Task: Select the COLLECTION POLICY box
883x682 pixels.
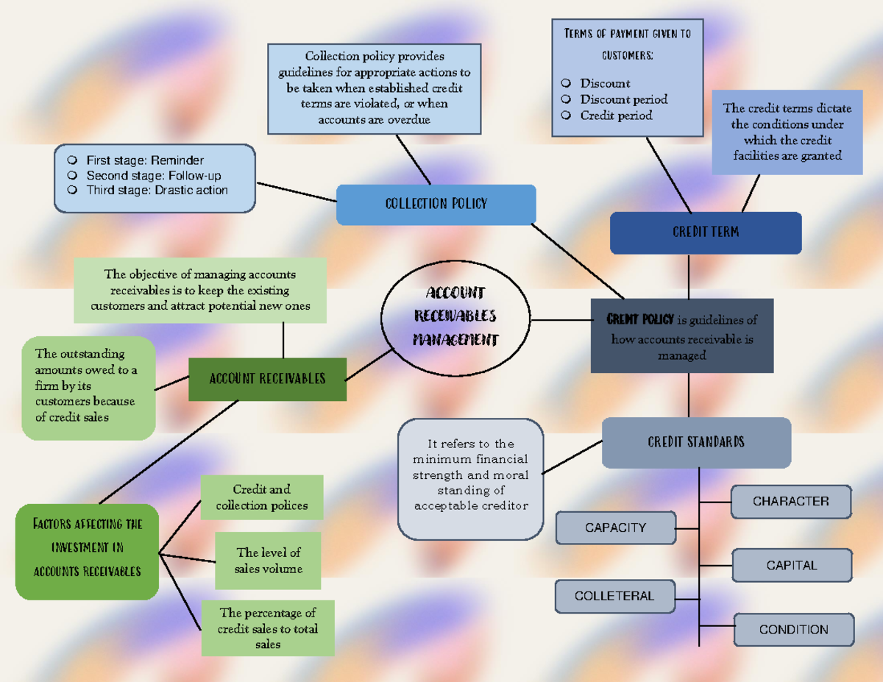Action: [x=436, y=204]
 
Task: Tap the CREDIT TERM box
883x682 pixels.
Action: [x=705, y=232]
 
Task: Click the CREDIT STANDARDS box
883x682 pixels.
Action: [x=696, y=442]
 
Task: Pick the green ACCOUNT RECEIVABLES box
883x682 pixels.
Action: [x=267, y=379]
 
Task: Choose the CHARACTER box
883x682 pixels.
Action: [x=790, y=502]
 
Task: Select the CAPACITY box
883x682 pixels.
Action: [x=615, y=528]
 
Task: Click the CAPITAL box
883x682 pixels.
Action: [x=792, y=566]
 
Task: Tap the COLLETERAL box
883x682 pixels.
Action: [x=614, y=596]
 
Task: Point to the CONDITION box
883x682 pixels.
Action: [x=793, y=630]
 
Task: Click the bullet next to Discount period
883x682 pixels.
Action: [x=566, y=99]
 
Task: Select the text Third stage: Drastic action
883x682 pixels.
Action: [x=157, y=191]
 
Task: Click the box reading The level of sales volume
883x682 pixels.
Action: [x=268, y=561]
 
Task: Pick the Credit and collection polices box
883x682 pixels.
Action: [x=262, y=498]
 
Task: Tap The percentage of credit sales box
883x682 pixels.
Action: [x=268, y=628]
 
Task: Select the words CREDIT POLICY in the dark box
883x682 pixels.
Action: [x=639, y=319]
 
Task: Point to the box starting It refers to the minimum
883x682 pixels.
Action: [x=470, y=475]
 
